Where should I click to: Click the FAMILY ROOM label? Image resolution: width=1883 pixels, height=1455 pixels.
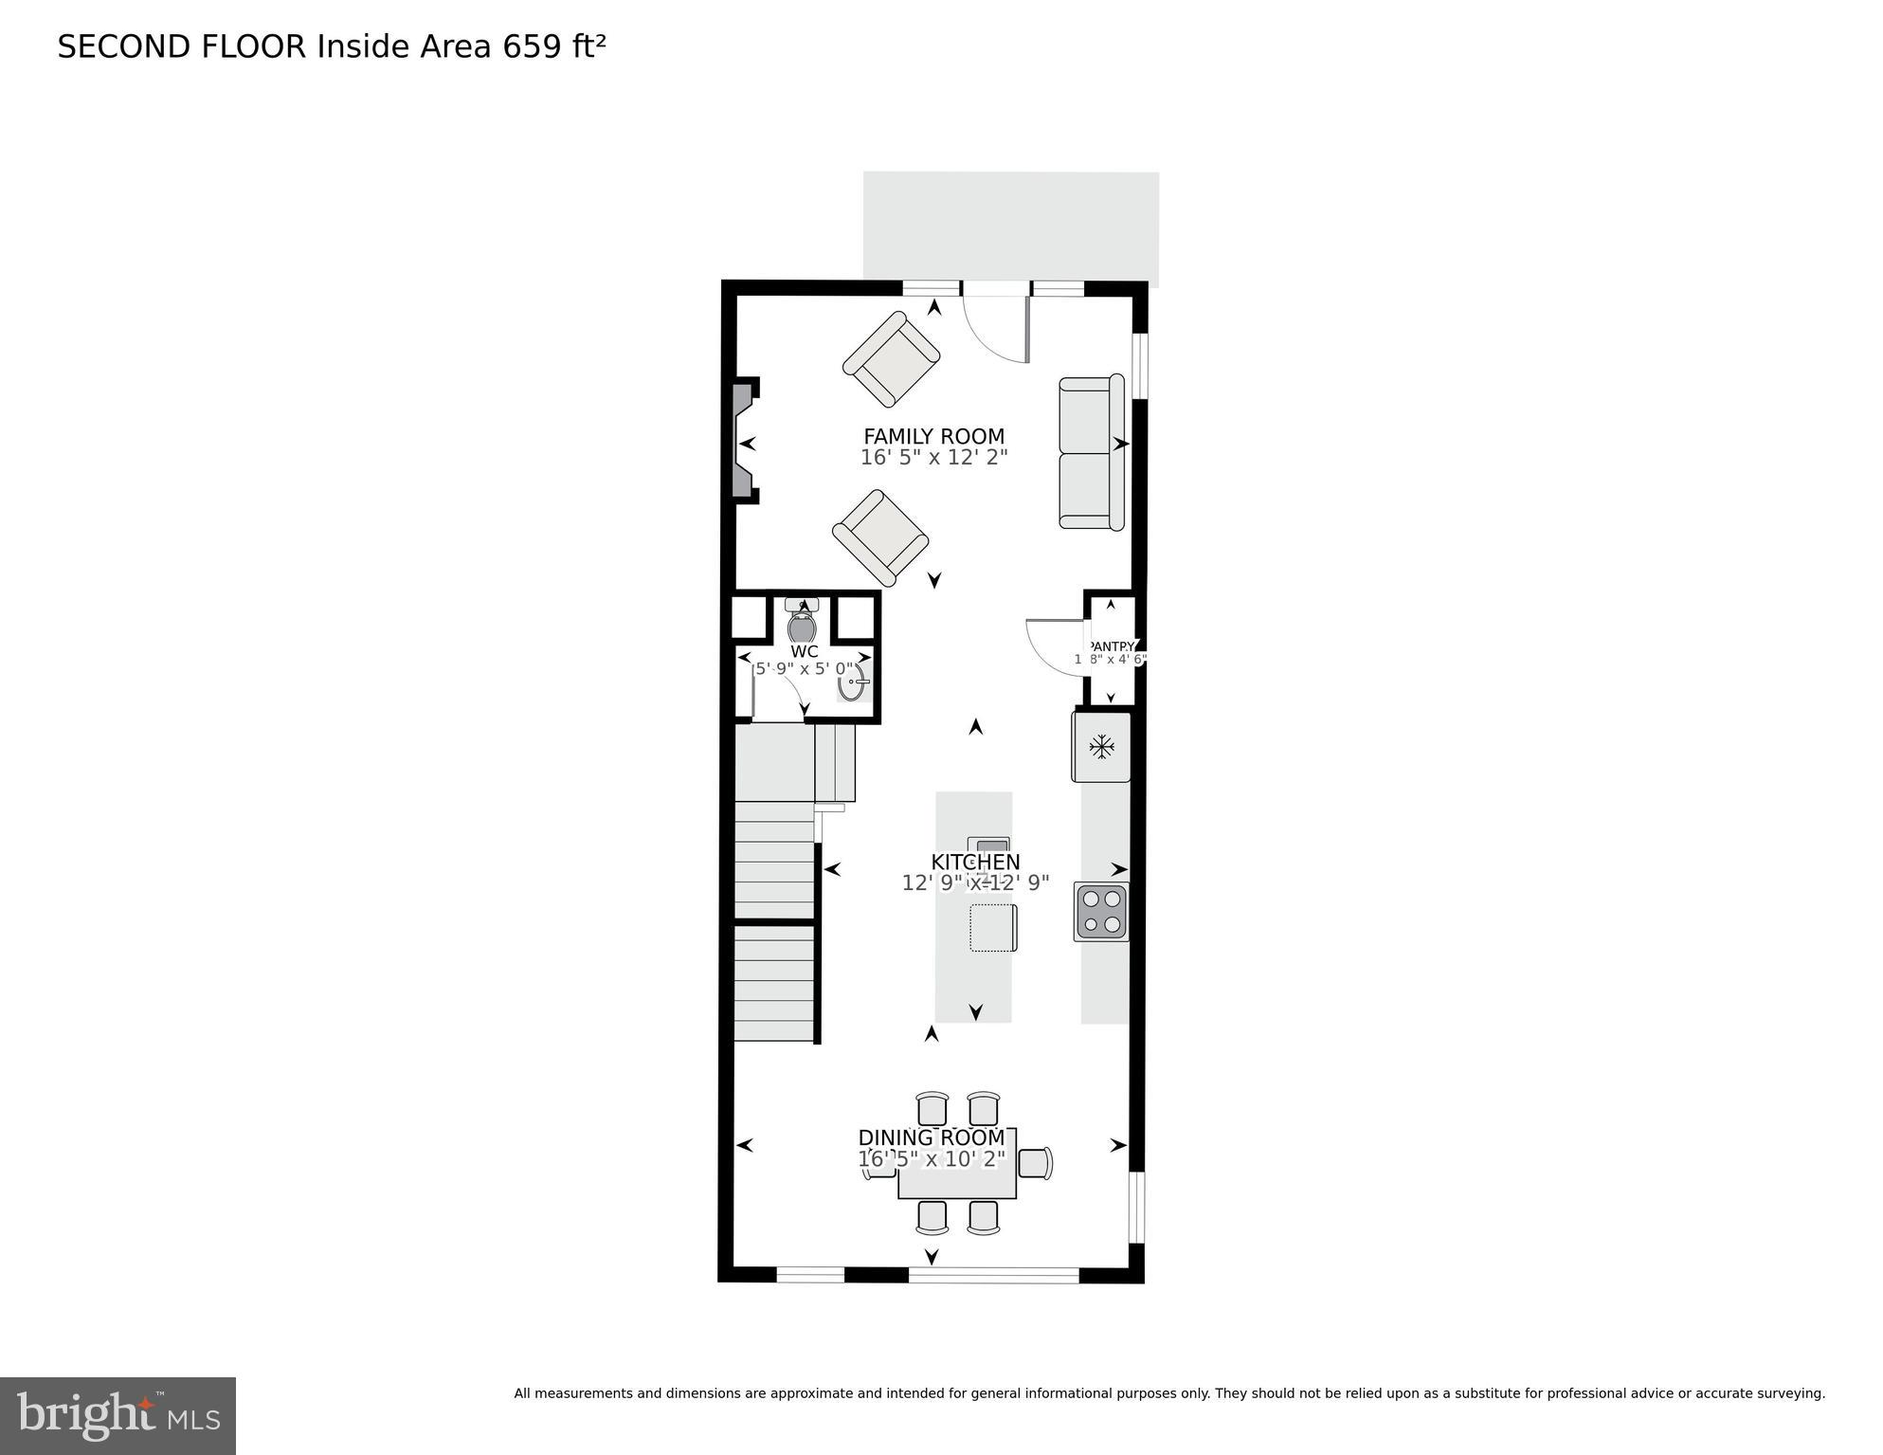point(933,436)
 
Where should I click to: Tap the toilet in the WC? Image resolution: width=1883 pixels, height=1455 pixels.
point(802,622)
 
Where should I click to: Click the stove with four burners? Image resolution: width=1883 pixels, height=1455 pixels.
point(1101,911)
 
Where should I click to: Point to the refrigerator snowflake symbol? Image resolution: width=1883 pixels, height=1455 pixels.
point(1101,747)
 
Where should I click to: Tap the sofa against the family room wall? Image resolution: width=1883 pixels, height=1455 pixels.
point(1090,452)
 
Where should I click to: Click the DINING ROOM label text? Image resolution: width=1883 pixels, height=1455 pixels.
point(931,1137)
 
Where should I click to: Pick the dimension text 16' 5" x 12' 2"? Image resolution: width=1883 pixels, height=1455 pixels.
point(933,458)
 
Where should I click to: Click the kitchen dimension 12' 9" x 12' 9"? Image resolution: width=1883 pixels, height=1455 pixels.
point(975,883)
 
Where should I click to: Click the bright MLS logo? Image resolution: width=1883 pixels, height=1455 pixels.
point(118,1416)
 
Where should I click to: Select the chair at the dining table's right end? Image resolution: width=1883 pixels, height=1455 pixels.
point(1036,1163)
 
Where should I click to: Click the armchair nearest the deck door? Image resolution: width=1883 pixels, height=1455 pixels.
point(891,359)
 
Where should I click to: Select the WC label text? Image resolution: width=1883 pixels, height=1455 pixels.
point(804,651)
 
